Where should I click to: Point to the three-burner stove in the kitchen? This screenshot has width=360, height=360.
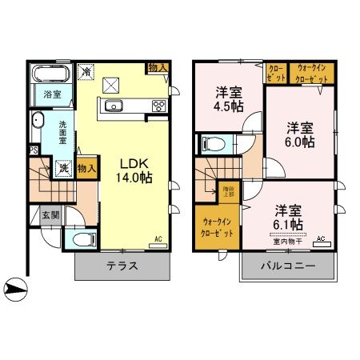pyautogui.click(x=158, y=106)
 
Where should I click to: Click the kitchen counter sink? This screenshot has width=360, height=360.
pyautogui.click(x=113, y=106)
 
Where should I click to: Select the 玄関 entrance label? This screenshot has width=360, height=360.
pyautogui.click(x=48, y=214)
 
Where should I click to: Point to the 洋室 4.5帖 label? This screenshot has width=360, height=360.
pyautogui.click(x=230, y=97)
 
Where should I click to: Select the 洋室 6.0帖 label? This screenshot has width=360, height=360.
pyautogui.click(x=297, y=134)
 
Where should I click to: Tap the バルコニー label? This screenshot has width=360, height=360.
pyautogui.click(x=286, y=266)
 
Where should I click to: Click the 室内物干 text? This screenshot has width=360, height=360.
pyautogui.click(x=286, y=240)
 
